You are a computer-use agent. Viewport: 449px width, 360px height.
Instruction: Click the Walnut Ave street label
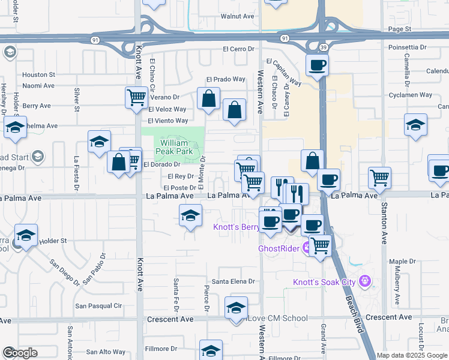pos(238,17)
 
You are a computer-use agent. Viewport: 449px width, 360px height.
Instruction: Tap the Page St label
pos(399,28)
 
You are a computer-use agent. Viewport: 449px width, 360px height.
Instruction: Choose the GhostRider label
pos(279,248)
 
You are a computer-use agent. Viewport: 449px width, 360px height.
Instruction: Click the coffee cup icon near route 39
pos(316,65)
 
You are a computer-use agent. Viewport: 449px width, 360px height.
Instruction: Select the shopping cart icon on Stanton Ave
pos(379,178)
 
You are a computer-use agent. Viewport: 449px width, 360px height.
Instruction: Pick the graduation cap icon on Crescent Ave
pos(237,308)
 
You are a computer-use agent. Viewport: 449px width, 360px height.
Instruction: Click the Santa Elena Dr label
pos(234,281)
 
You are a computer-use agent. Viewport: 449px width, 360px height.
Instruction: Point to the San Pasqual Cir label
pos(98,305)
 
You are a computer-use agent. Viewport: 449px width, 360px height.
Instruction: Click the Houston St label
pos(38,75)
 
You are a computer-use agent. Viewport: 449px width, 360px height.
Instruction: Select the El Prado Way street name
pos(226,79)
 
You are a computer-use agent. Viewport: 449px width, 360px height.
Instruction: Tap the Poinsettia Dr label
pos(407,46)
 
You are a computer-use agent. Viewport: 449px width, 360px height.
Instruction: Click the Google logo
pos(20,353)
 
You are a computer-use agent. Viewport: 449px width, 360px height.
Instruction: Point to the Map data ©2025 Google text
pos(411,355)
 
